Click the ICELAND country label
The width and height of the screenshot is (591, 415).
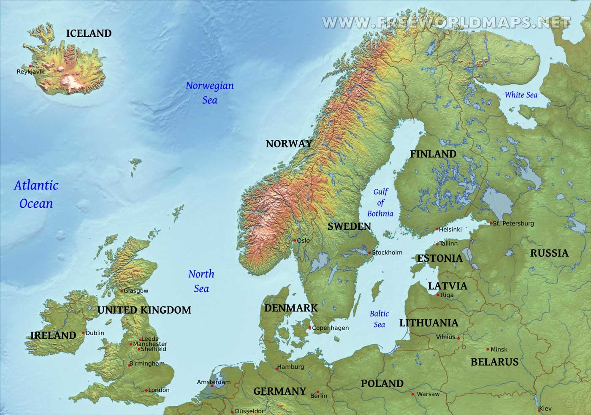(89, 33)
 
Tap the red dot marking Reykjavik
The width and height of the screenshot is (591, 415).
(30, 66)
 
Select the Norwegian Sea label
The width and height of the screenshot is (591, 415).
(209, 92)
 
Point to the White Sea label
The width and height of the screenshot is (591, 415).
(521, 95)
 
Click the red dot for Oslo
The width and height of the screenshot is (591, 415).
(295, 241)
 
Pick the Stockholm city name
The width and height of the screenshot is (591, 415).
(387, 252)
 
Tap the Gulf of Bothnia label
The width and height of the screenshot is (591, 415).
(380, 203)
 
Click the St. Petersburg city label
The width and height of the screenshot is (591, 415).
(513, 223)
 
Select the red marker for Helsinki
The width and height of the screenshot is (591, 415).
(437, 229)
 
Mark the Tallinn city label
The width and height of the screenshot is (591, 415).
(448, 244)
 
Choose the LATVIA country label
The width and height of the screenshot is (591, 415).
(447, 286)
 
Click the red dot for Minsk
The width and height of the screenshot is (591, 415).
(488, 349)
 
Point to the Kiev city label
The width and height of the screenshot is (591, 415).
(545, 409)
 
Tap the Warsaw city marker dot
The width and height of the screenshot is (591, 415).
(413, 394)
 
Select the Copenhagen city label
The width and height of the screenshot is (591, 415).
(331, 328)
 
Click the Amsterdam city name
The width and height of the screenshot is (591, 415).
(214, 382)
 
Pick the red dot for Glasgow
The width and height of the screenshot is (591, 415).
(122, 291)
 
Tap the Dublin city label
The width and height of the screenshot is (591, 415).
(95, 333)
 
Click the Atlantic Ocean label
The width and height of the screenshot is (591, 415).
(36, 194)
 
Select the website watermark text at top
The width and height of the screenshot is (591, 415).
(446, 22)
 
